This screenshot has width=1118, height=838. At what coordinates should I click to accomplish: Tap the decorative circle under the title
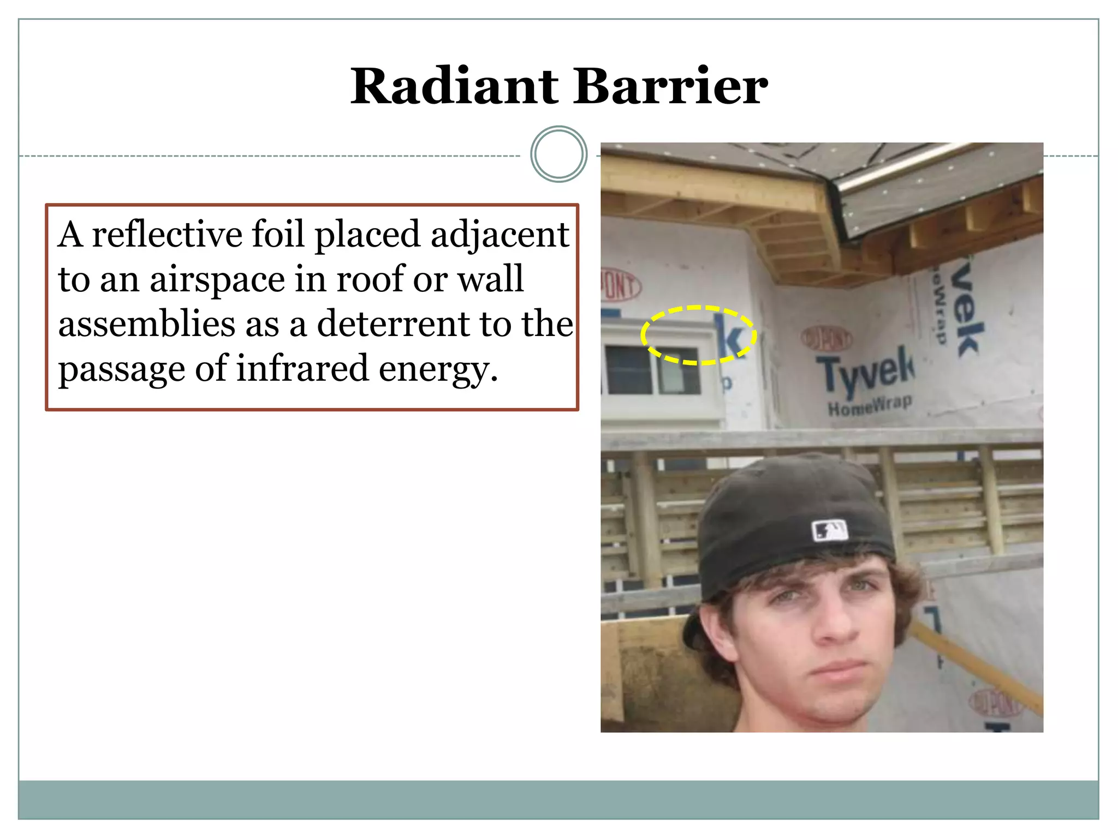click(558, 154)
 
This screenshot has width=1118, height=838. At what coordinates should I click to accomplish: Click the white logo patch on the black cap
click(830, 530)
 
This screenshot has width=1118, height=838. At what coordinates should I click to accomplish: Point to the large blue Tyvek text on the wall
click(865, 371)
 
